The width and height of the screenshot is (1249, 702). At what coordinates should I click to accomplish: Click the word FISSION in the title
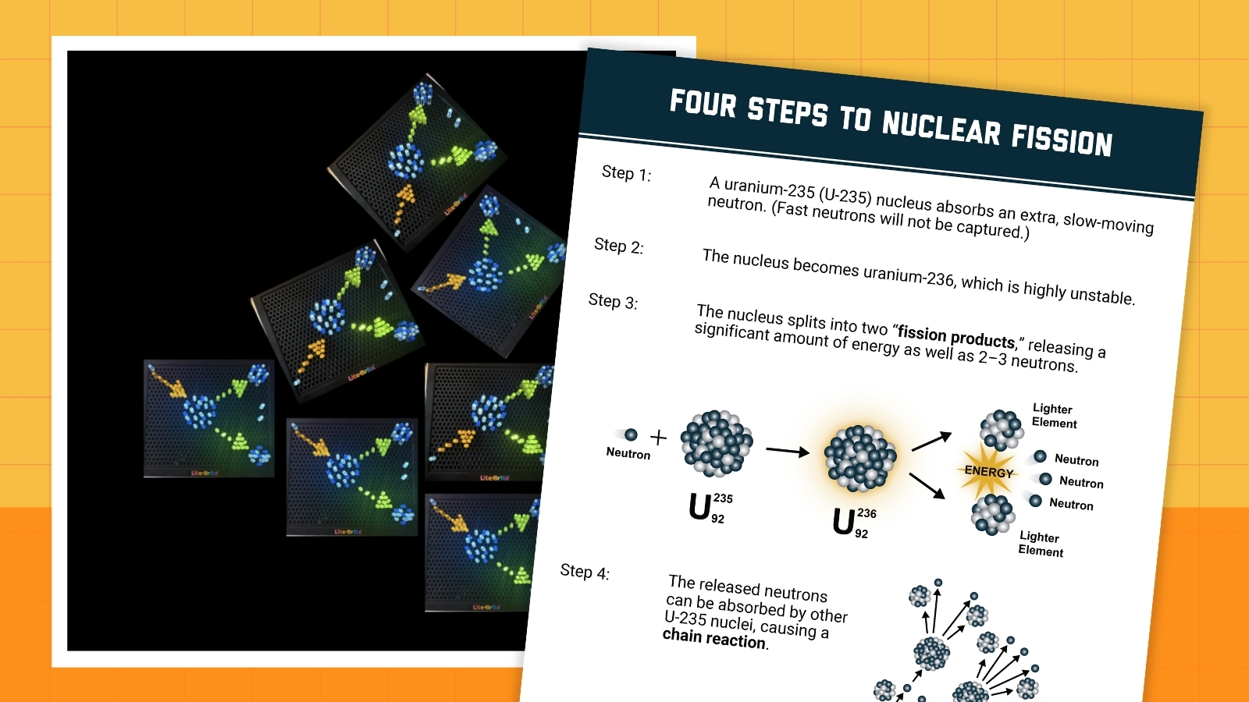pos(1062,140)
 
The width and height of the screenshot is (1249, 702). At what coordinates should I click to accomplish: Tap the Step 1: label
pos(626,173)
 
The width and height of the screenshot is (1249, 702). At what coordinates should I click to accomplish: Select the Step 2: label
pos(618,246)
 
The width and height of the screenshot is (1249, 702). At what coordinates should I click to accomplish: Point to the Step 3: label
pos(613,301)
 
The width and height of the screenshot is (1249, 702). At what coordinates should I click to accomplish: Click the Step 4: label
pos(585,572)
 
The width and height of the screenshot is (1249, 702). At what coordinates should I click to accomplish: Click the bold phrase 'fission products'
pos(955,336)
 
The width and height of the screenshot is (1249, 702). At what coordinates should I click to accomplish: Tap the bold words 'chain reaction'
pos(714,638)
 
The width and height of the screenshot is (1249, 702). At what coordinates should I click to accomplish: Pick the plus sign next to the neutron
pos(659,438)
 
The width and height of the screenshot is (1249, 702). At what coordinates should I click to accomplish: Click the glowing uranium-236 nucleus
pos(860,459)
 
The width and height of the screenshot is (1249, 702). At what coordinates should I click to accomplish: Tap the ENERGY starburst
pos(987,471)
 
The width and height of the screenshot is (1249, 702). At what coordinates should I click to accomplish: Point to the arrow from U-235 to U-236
pos(787,451)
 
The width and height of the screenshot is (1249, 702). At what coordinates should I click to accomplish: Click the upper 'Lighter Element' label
pos(1054,416)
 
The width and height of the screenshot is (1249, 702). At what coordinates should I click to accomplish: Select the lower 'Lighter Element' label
pos(1041,544)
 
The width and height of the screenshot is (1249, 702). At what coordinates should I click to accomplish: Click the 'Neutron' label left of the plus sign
pos(628,453)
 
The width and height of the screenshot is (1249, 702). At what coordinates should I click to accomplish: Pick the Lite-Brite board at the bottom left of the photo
pos(208,418)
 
